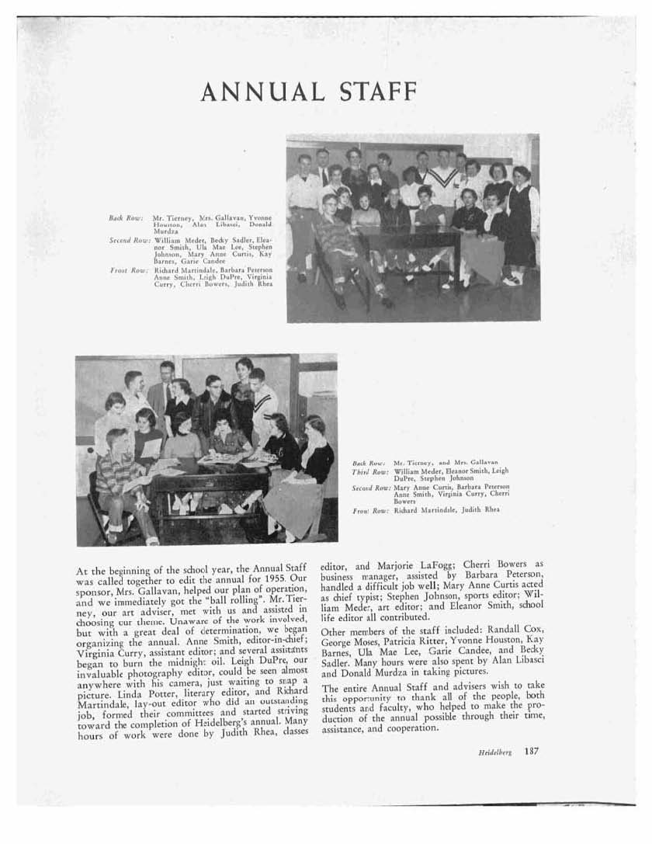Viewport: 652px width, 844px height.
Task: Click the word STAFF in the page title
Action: click(x=374, y=92)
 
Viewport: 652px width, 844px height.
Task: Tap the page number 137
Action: click(x=531, y=751)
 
